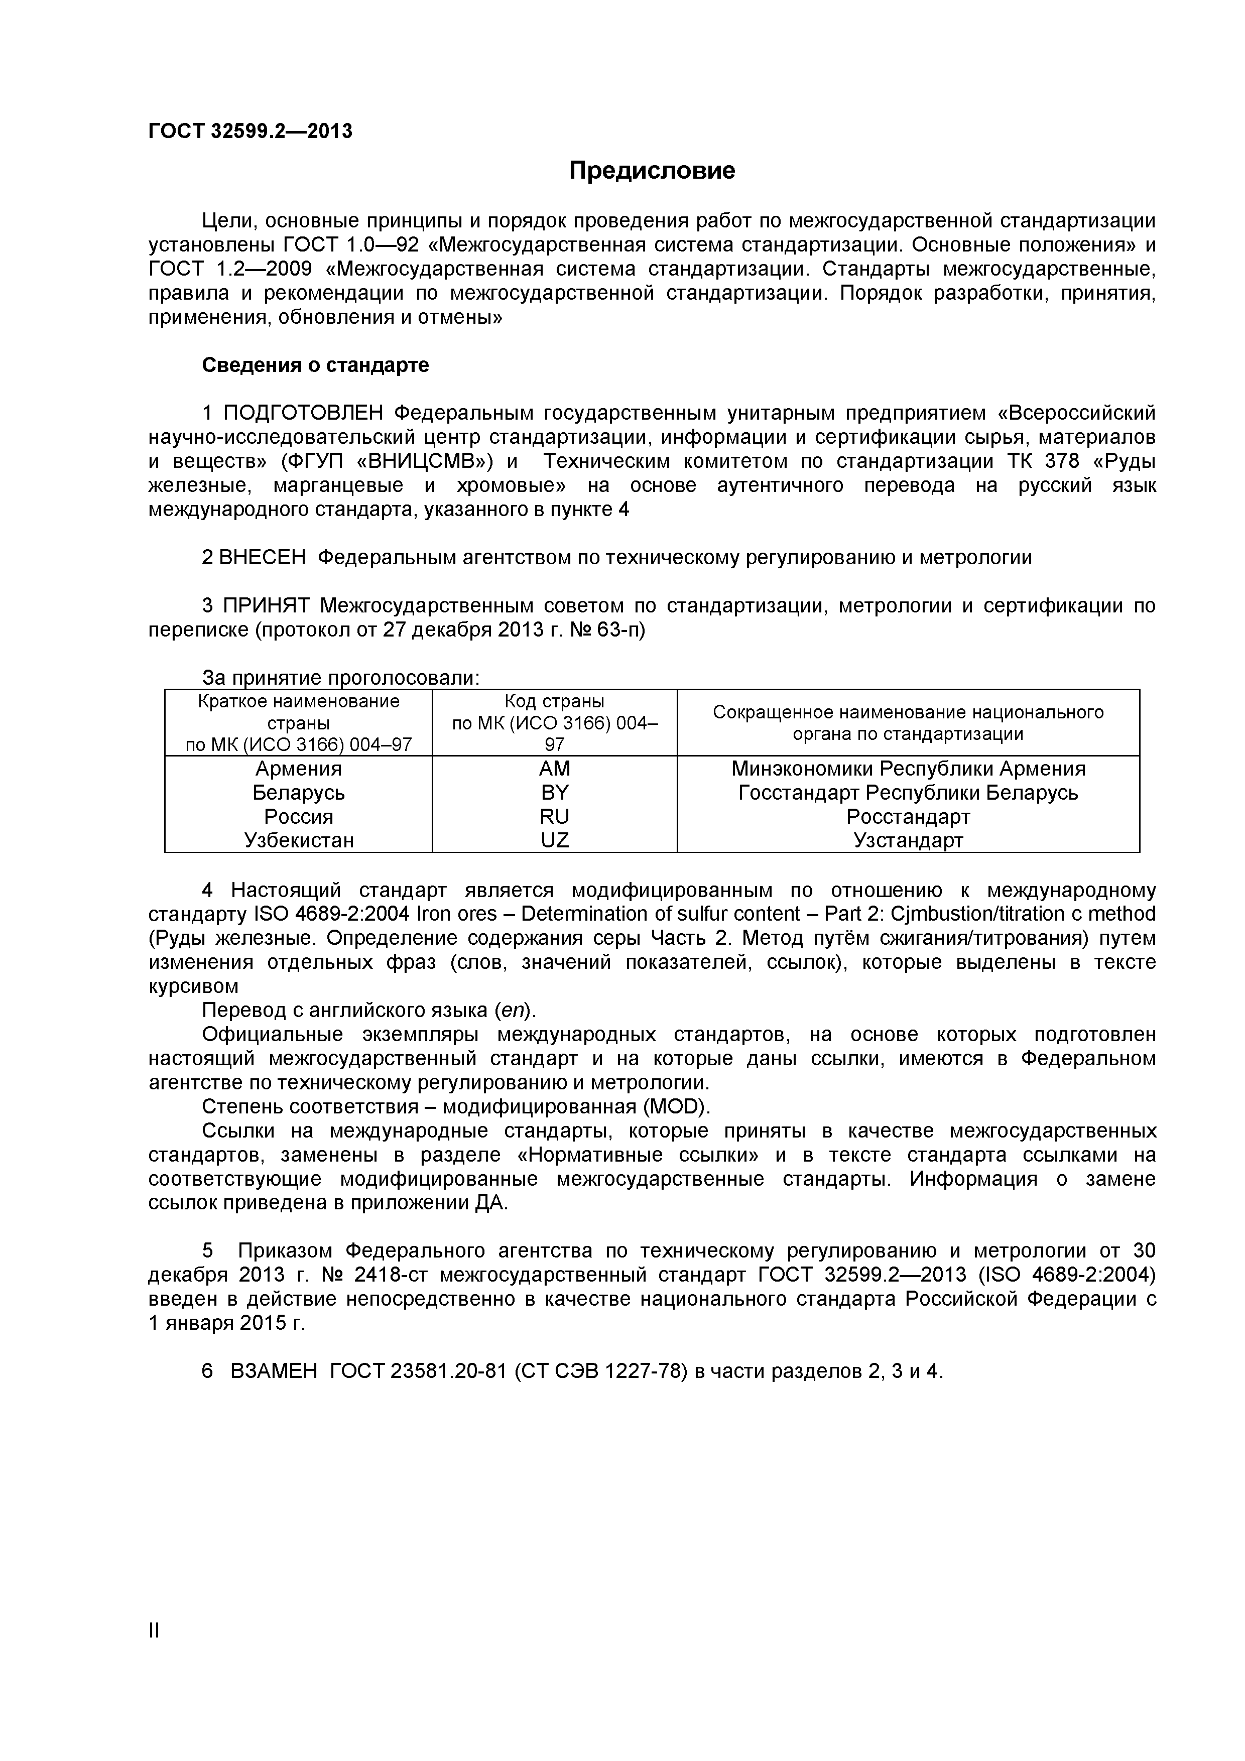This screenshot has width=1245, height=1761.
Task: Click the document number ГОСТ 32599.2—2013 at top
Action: (x=250, y=131)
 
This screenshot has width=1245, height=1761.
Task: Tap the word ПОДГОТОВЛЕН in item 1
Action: (x=302, y=414)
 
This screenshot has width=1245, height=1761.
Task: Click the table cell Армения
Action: (x=298, y=769)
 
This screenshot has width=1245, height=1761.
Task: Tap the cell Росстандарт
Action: (x=908, y=817)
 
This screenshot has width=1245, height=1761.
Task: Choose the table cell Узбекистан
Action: (x=298, y=841)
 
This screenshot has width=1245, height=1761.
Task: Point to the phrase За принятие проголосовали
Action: (x=340, y=678)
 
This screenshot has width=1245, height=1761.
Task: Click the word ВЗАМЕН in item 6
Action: (x=274, y=1370)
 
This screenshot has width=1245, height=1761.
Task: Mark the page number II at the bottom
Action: (x=154, y=1652)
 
